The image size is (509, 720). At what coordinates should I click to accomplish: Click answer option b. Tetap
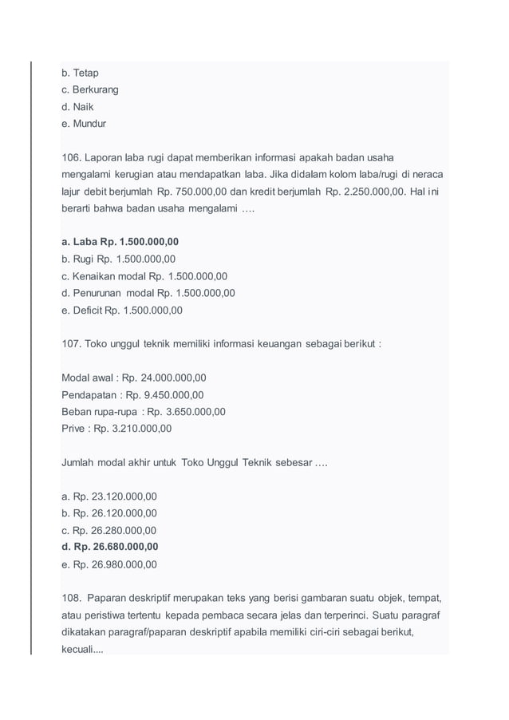click(80, 73)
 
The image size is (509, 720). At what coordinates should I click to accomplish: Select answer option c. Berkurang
click(89, 89)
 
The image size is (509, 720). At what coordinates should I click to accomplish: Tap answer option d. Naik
click(78, 107)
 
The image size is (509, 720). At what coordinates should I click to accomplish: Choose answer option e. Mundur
click(84, 124)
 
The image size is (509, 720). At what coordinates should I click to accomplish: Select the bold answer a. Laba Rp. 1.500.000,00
click(120, 242)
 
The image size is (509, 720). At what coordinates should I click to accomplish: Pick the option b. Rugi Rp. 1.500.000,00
click(118, 259)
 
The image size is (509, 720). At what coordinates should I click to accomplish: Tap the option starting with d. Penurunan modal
click(148, 293)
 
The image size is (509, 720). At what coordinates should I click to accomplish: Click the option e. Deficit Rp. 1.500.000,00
click(121, 310)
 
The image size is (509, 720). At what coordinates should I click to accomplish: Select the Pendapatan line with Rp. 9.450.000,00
click(132, 394)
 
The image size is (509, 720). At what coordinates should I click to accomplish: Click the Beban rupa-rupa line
click(143, 412)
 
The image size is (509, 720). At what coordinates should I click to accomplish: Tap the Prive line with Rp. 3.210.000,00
click(116, 429)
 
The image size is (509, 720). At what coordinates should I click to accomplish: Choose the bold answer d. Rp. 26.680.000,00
click(109, 547)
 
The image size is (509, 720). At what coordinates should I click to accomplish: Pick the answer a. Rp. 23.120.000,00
click(109, 496)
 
